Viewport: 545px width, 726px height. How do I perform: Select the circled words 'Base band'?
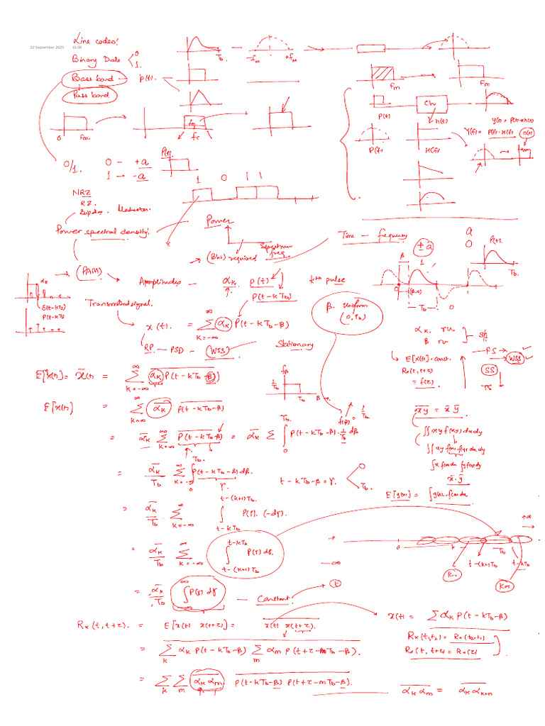tap(89, 77)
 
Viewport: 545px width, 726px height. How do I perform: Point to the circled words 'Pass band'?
tap(89, 94)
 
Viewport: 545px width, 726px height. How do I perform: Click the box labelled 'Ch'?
tap(429, 104)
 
